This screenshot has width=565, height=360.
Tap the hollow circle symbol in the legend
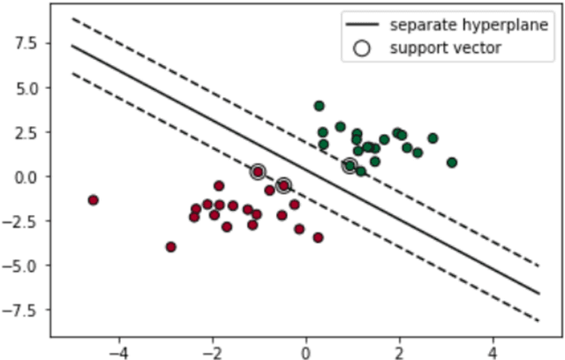click(361, 49)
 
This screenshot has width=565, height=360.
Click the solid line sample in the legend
click(361, 25)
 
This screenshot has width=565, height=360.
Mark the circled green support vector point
click(350, 166)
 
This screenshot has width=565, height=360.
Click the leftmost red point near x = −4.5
click(93, 200)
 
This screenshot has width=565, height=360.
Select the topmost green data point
click(319, 106)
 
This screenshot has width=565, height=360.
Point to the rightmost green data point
click(452, 162)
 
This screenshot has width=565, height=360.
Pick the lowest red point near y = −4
click(171, 247)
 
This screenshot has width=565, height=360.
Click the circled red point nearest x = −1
click(258, 172)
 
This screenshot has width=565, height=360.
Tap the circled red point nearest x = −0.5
click(283, 185)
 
